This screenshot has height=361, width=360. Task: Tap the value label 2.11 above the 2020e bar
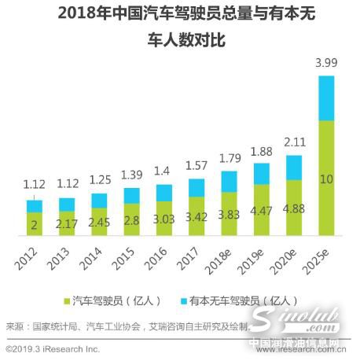pos(294,142)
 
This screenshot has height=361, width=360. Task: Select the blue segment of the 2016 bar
pos(164,193)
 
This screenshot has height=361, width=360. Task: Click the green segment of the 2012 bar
pos(35,224)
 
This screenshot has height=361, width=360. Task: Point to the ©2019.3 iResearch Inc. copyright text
pos(53,348)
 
